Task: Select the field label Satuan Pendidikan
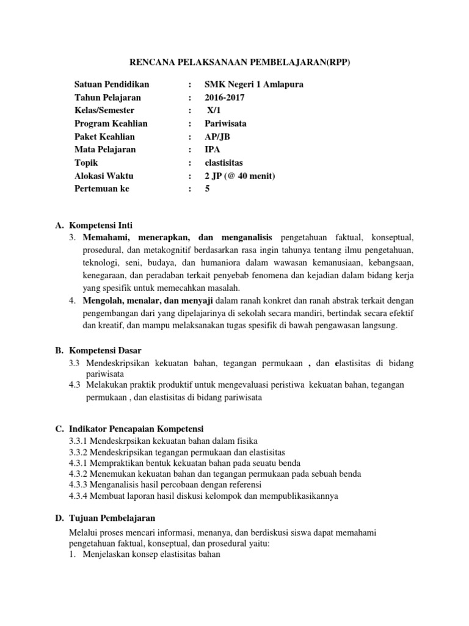tap(111, 84)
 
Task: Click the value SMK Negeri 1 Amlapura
tap(253, 84)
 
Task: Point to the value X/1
tap(214, 111)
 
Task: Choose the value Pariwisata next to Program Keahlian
tap(225, 123)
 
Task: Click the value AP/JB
tap(217, 136)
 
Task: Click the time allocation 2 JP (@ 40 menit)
tap(240, 176)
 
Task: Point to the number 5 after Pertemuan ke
tap(208, 189)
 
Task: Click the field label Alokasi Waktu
tap(104, 176)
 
